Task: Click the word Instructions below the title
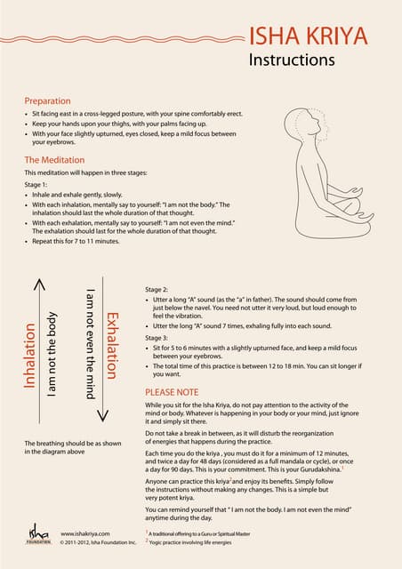pos(292,60)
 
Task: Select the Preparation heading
pos(47,101)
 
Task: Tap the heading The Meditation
pos(56,160)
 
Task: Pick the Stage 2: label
pos(157,290)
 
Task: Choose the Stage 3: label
pos(157,339)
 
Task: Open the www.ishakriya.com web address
pos(85,533)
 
